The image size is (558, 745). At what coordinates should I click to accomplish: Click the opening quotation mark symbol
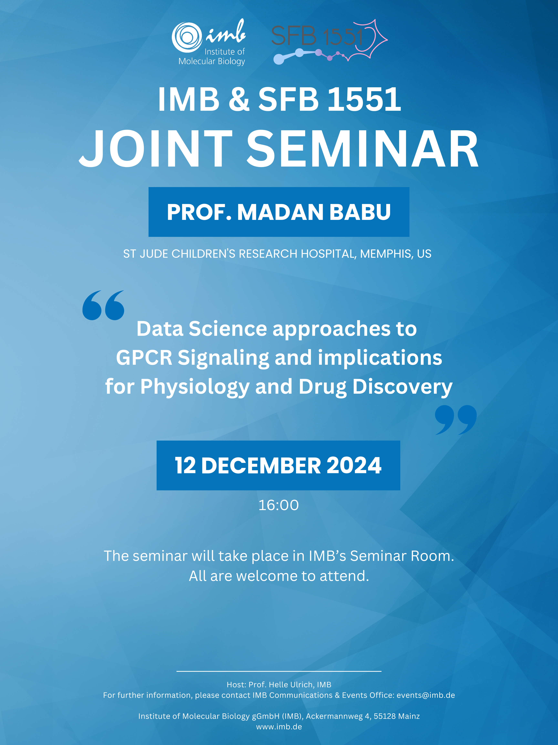pyautogui.click(x=103, y=305)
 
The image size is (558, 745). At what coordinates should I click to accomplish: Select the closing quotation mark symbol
pyautogui.click(x=456, y=420)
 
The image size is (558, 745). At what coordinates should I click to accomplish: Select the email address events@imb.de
pyautogui.click(x=426, y=695)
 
